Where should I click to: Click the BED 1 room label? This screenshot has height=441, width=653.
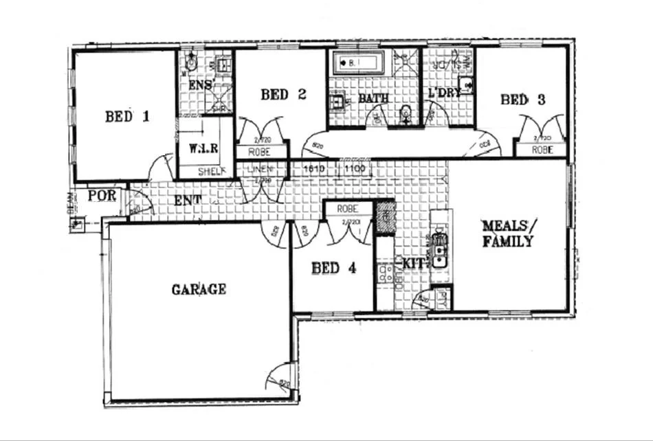coord(127,117)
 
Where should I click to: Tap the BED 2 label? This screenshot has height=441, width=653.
coord(283,95)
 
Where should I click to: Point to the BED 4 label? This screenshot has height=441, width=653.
coord(334,269)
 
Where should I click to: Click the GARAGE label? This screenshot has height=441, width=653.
coord(199,289)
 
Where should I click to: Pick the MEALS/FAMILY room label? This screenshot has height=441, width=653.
coord(508,234)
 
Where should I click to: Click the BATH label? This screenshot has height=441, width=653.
coord(375,99)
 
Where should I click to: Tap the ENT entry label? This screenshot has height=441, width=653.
coord(186,201)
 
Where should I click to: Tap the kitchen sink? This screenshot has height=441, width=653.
coord(439,251)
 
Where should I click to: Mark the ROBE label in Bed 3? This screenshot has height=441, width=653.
coord(542,148)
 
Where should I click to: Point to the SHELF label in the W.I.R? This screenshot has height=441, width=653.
coord(211,172)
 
